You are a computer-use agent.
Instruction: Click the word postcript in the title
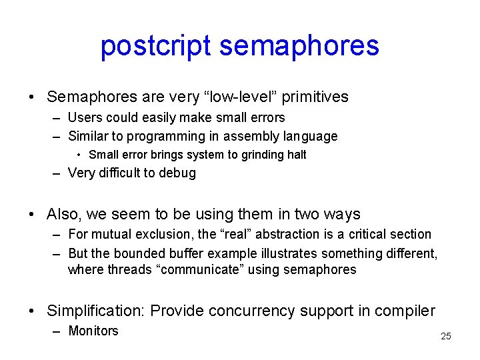tap(155, 45)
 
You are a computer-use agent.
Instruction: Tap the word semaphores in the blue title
tap(299, 45)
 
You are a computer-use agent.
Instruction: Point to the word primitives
tap(315, 97)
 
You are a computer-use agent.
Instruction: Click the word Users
tap(85, 117)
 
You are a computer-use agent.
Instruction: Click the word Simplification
tap(96, 311)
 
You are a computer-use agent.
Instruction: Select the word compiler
tap(407, 311)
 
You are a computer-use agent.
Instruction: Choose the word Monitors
tap(93, 331)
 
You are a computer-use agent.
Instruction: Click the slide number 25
tap(446, 336)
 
